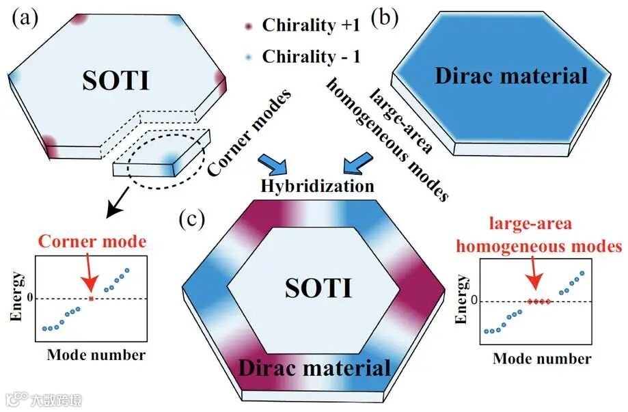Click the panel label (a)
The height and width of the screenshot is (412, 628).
pyautogui.click(x=25, y=19)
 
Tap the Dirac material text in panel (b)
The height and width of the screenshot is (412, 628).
pyautogui.click(x=510, y=76)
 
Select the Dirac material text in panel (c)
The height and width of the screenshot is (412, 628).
pyautogui.click(x=314, y=369)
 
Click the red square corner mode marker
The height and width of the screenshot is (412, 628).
pyautogui.click(x=91, y=299)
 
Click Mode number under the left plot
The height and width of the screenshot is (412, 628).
pyautogui.click(x=96, y=355)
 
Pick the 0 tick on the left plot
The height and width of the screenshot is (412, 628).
pyautogui.click(x=29, y=299)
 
